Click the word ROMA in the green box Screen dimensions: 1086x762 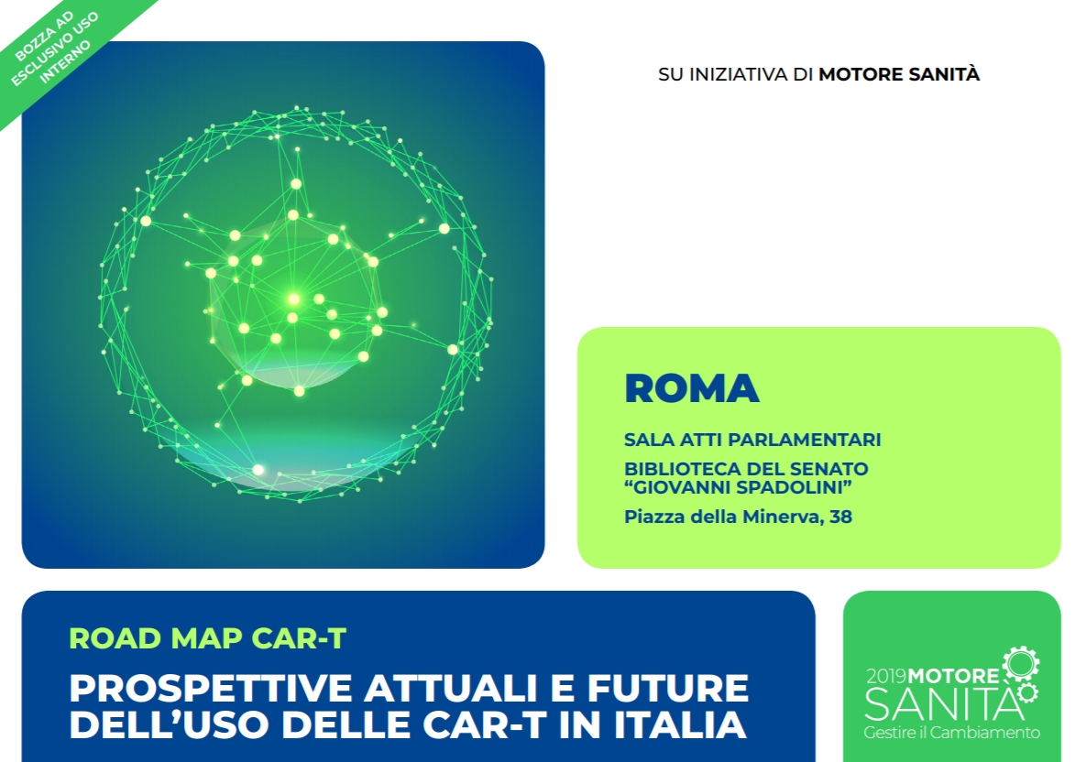691,388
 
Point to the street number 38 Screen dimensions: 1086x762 840,517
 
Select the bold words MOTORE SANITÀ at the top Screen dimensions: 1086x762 899,74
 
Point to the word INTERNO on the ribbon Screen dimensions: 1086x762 65,62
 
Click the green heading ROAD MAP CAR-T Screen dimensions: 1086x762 207,638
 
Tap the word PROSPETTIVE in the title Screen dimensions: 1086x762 211,688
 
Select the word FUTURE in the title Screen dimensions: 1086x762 668,688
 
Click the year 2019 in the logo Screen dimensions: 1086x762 886,676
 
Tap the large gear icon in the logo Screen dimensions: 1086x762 1021,664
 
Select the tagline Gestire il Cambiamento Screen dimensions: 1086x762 951,733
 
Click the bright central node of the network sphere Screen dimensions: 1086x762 293,299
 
